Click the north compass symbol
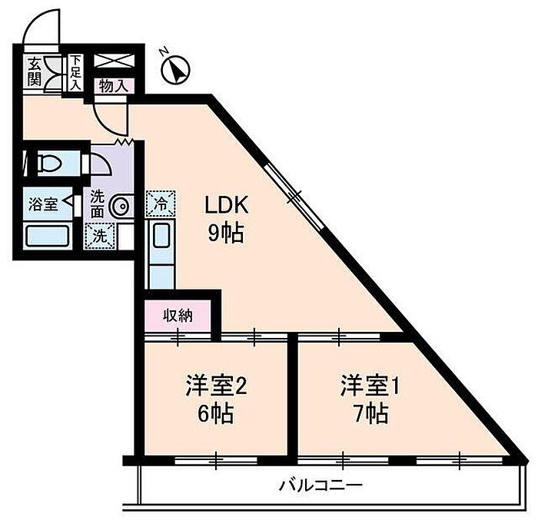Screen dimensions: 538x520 pos(175,70)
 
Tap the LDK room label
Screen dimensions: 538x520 pos(226,206)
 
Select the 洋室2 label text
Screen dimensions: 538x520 pos(216,386)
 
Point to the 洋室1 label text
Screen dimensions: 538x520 pos(370,386)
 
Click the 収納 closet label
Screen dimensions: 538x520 pos(178,315)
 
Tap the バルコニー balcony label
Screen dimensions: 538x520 pos(320,485)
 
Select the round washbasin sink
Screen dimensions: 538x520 pos(119,207)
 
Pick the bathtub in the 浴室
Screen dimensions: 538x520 pos(48,236)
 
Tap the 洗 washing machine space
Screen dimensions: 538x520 pos(100,236)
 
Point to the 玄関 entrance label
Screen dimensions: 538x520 pos(35,72)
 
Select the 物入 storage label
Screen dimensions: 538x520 pos(113,86)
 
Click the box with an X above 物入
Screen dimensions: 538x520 pos(113,61)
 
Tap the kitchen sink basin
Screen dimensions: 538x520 pos(161,235)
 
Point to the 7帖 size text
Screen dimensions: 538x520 pos(371,413)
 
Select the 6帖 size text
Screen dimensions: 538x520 pos(216,413)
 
